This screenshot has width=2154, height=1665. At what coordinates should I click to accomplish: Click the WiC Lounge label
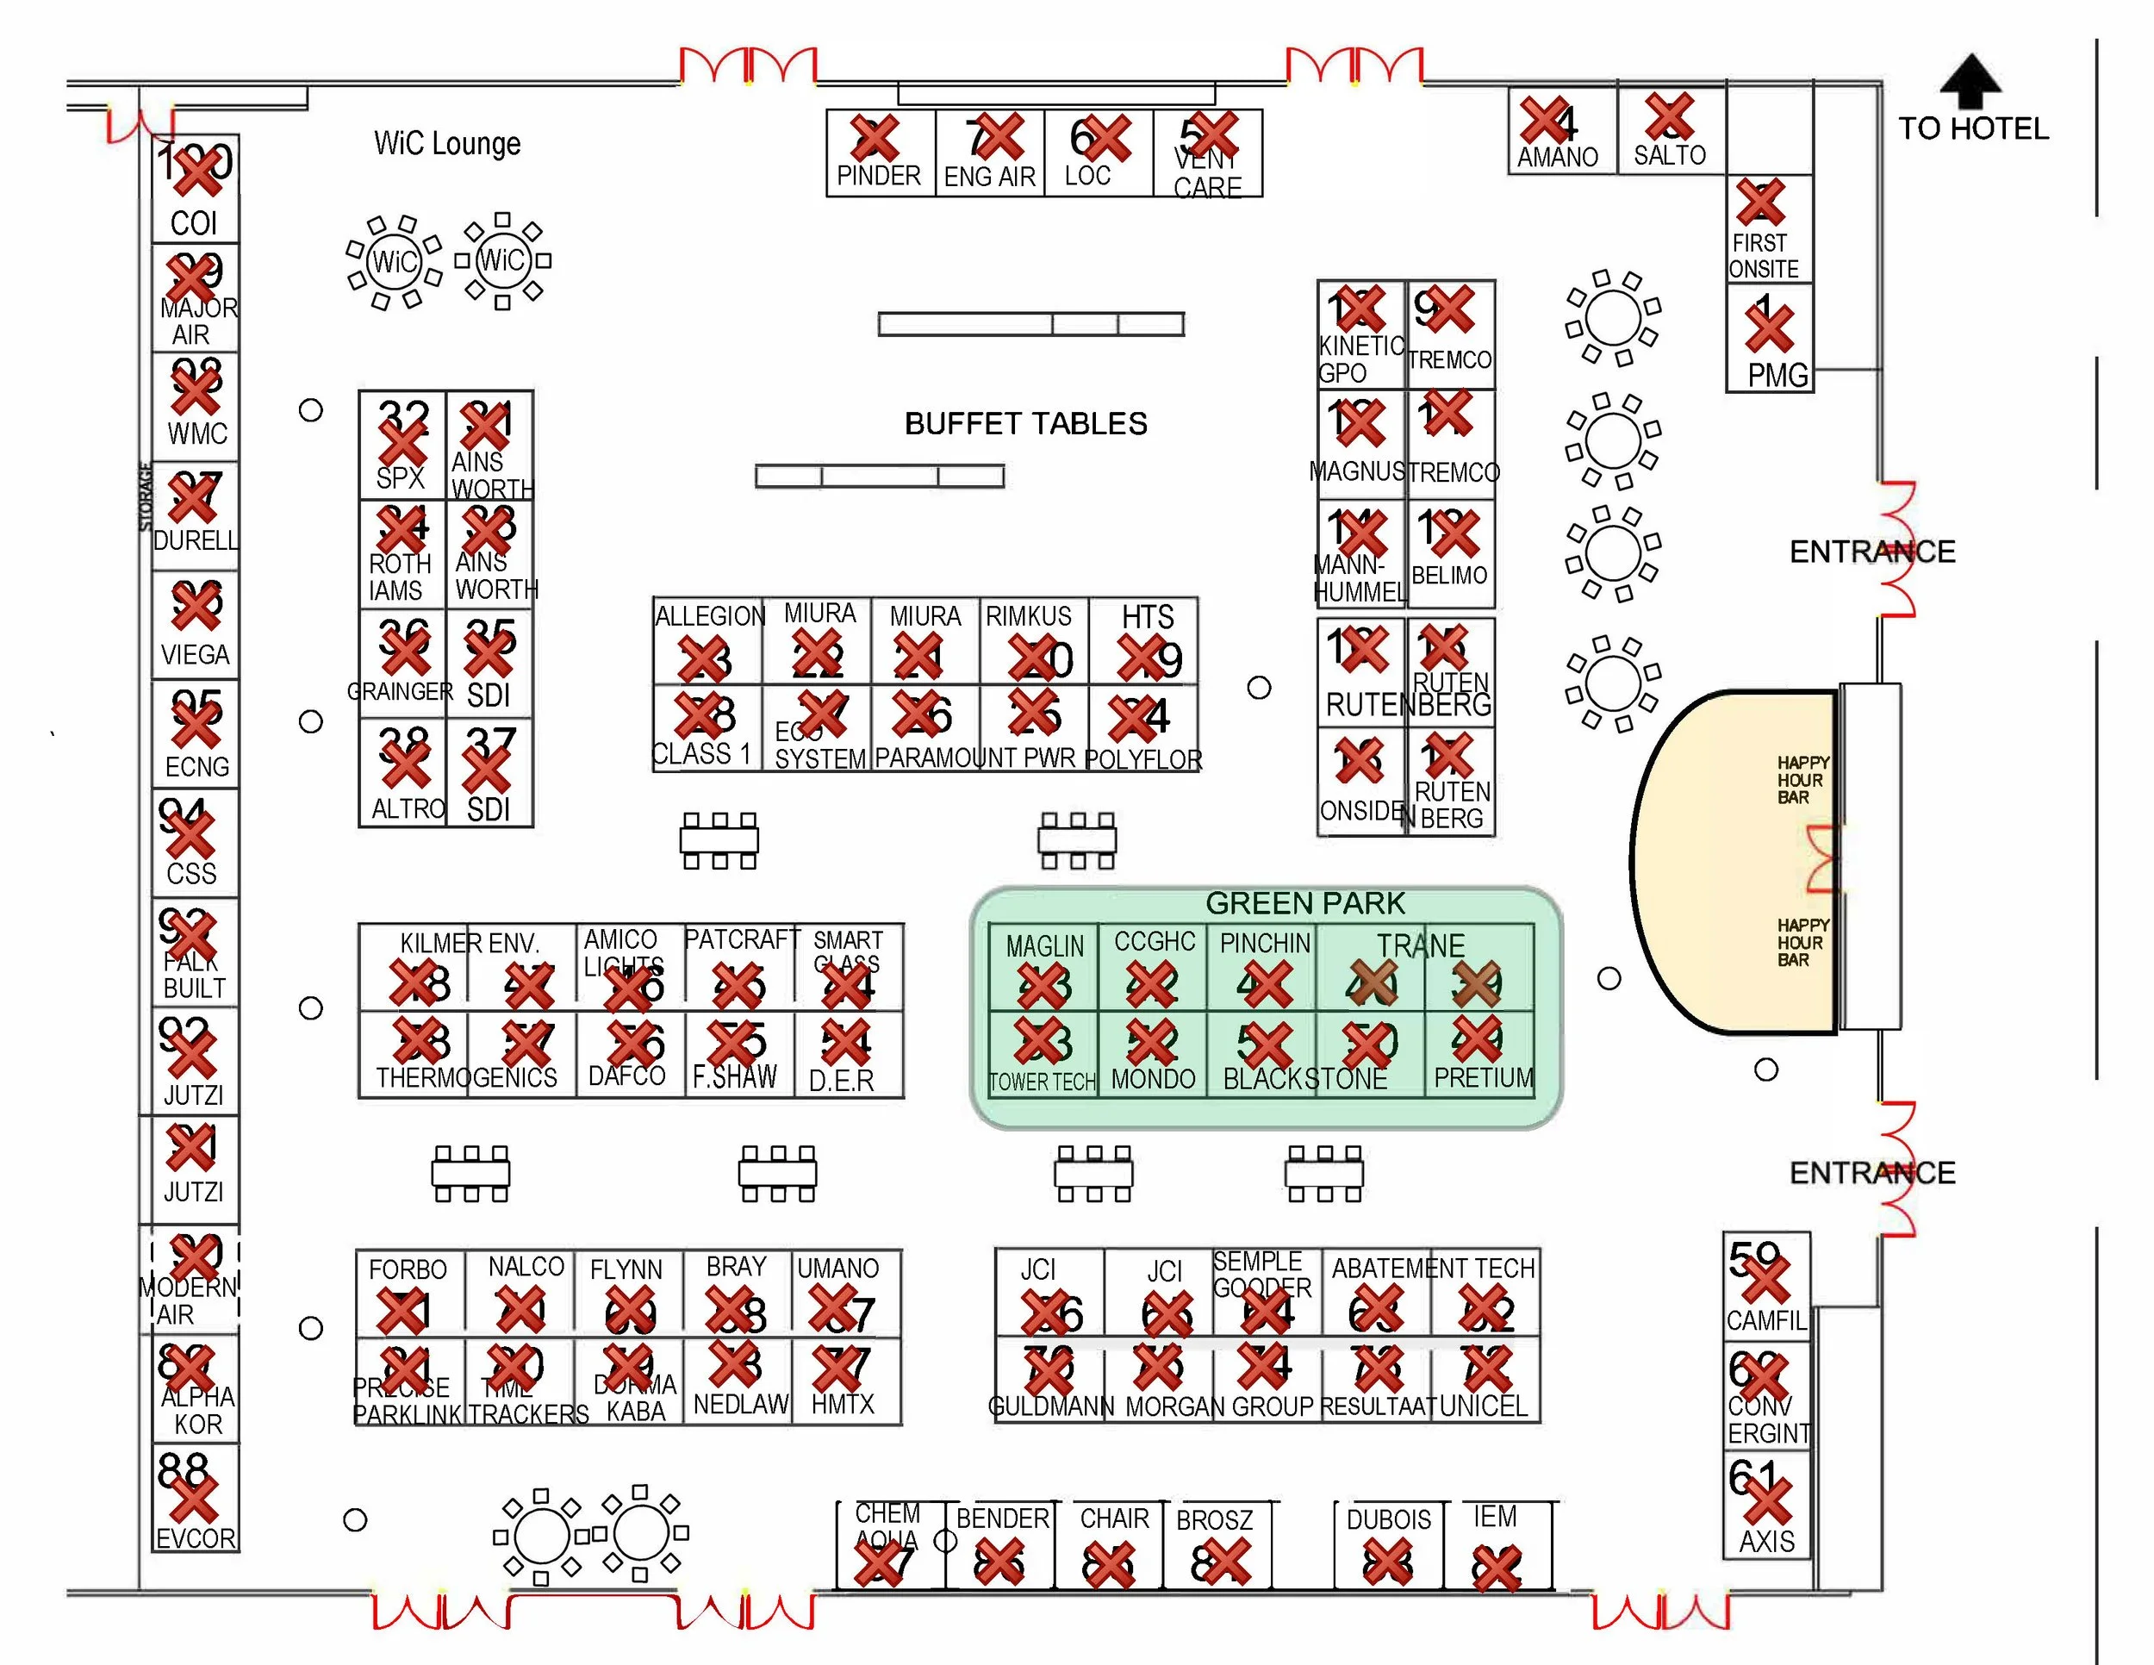[447, 144]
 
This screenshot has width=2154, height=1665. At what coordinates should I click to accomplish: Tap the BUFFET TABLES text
[1025, 424]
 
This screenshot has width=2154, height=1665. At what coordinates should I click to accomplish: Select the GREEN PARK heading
[1304, 903]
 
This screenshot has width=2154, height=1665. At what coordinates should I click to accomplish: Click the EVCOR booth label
[196, 1537]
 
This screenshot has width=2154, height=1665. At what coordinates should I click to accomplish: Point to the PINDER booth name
[878, 176]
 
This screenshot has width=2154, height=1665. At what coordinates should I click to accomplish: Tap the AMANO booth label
[1557, 157]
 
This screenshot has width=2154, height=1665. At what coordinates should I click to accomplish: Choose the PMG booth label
[1777, 375]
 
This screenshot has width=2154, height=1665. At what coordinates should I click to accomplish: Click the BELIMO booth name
[1449, 575]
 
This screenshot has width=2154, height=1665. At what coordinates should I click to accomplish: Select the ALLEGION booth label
[710, 616]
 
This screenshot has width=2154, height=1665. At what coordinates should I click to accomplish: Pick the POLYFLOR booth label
[1143, 759]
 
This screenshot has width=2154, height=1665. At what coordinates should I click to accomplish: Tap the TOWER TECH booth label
[1043, 1082]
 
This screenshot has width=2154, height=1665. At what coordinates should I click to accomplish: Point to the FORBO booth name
[408, 1269]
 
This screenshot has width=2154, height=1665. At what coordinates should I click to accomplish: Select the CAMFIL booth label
[1765, 1319]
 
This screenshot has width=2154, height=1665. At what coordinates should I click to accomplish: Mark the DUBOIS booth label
[1389, 1519]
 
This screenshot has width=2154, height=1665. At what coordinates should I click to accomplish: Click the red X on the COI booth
[197, 172]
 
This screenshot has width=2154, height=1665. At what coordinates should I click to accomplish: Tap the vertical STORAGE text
[146, 497]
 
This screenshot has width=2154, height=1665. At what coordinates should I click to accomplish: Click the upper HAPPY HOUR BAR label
[1802, 779]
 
